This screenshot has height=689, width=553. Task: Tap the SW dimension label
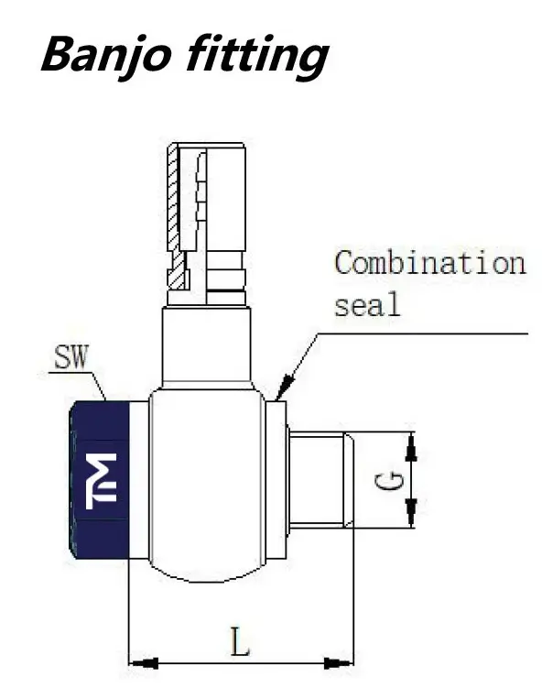tap(71, 356)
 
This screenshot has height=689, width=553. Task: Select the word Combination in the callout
tap(430, 263)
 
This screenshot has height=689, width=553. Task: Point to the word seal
tap(368, 304)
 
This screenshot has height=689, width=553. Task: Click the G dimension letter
tap(389, 481)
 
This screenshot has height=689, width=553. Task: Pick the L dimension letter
tap(240, 641)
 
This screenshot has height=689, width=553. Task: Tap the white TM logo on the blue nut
tap(101, 481)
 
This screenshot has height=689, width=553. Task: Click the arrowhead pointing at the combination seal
tap(286, 386)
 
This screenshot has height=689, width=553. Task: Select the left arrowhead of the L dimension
tap(143, 663)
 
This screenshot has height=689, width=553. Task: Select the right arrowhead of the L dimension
tap(338, 663)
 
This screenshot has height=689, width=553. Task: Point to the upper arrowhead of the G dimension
tap(411, 446)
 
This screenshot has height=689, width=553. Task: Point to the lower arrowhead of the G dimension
tap(411, 512)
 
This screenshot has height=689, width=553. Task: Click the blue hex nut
tap(99, 480)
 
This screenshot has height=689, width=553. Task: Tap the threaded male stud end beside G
tap(321, 479)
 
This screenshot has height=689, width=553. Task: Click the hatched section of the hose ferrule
tap(176, 215)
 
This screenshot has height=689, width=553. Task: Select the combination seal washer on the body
tap(276, 479)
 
